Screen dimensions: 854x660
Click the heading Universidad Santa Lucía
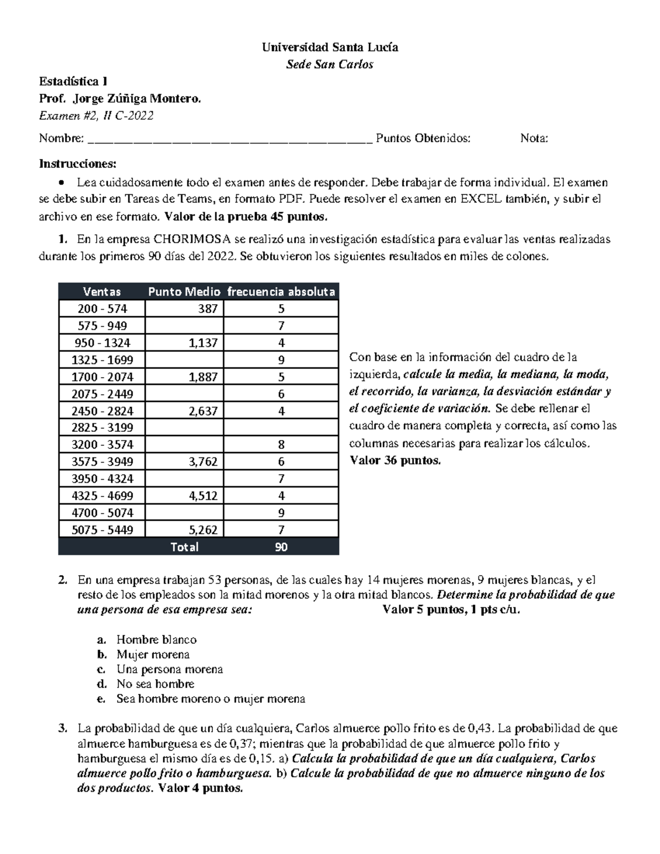(329, 47)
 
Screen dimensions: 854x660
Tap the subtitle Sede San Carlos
(329, 64)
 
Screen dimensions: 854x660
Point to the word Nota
(533, 138)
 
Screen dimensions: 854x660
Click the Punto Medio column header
(184, 291)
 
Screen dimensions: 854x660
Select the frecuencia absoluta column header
(281, 291)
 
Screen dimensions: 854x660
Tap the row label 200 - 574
(102, 309)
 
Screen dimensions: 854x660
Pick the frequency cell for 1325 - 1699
(281, 360)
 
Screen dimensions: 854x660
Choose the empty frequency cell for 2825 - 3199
(281, 428)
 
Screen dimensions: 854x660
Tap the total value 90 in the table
(281, 547)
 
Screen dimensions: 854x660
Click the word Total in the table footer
(184, 547)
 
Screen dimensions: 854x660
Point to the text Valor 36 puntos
(395, 460)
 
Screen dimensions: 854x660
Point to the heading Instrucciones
(78, 164)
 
